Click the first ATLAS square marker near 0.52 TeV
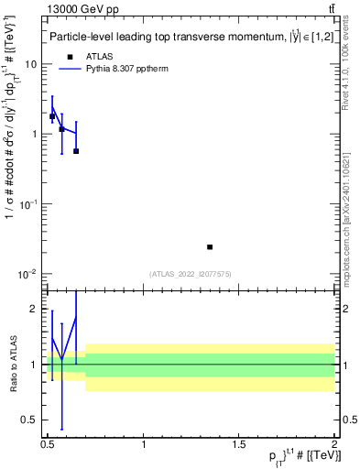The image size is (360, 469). click(52, 116)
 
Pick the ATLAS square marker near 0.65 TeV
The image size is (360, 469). click(76, 151)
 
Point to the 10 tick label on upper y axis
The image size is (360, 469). click(32, 65)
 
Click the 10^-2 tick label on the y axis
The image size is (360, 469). click(29, 274)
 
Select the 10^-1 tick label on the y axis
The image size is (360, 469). click(29, 204)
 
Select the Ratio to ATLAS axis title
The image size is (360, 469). click(12, 364)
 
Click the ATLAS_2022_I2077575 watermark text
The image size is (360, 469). click(191, 273)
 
